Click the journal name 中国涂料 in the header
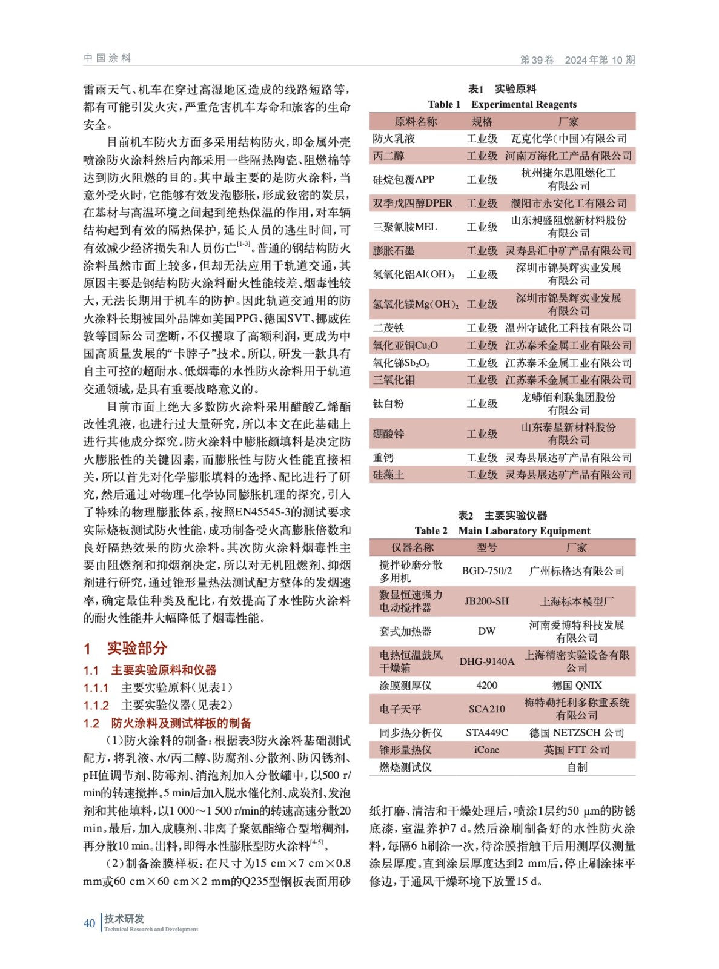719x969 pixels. point(108,58)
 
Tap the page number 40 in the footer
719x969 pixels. point(89,923)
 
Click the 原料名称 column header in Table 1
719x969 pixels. point(416,121)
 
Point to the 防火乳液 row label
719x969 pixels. point(394,139)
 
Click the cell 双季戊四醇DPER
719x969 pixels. point(413,203)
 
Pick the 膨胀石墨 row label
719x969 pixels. point(394,250)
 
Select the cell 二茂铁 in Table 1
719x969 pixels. point(388,328)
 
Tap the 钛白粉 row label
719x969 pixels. point(388,403)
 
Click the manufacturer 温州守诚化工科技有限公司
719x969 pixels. point(568,328)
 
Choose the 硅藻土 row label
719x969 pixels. point(388,475)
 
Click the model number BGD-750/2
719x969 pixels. point(486,570)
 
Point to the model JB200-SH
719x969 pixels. point(486,601)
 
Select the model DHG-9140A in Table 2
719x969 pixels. point(486,661)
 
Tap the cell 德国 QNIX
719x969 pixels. point(577,685)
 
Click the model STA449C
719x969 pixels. point(486,732)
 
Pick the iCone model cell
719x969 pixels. point(486,749)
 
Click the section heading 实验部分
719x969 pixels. point(137,648)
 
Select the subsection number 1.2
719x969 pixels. point(91,723)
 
